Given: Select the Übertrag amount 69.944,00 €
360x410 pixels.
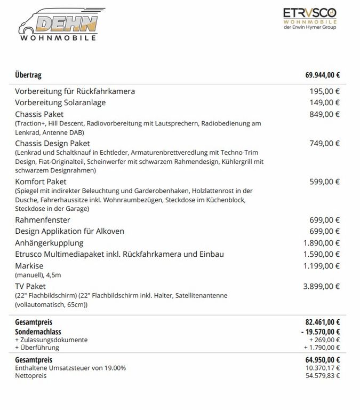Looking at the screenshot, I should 322,75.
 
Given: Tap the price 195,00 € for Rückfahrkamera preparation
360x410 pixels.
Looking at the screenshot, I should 325,91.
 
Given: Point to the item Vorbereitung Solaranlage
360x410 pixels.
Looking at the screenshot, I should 60,102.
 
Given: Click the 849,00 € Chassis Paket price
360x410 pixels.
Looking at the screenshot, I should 325,114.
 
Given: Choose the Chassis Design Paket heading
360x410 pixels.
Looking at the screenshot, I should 52,143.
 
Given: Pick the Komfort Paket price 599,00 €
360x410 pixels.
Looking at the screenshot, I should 325,182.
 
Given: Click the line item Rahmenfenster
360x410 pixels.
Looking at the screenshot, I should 43,220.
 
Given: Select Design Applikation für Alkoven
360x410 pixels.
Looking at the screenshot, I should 69,231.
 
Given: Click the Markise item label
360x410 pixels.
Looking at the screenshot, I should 29,266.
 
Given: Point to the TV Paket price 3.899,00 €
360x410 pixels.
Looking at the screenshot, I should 322,287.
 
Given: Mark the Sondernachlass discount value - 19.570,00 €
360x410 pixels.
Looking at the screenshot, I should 320,332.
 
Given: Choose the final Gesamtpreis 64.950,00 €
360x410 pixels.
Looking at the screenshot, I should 322,360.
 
